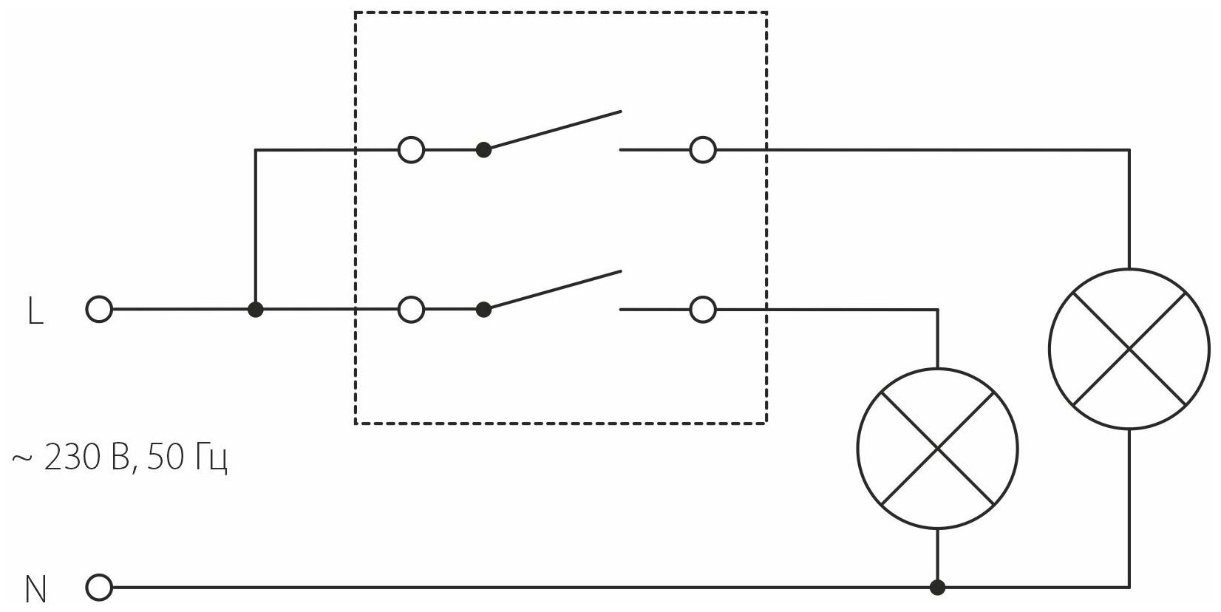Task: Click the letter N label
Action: (35, 590)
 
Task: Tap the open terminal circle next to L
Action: (99, 310)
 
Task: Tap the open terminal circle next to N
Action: (99, 588)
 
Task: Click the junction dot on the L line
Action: (256, 310)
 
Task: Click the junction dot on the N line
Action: (937, 588)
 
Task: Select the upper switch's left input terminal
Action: (411, 150)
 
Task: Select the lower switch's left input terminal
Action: (411, 310)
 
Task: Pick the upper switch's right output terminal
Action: (702, 150)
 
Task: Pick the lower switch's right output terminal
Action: (702, 310)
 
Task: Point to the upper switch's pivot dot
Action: (483, 150)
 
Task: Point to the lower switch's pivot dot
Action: (483, 310)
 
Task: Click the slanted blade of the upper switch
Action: (553, 131)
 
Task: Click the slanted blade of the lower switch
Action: (553, 290)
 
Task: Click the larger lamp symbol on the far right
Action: (1129, 348)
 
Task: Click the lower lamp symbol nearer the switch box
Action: (937, 448)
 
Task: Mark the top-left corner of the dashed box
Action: (356, 13)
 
